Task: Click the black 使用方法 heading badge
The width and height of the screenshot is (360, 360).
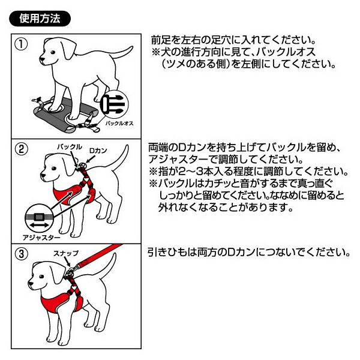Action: (40, 19)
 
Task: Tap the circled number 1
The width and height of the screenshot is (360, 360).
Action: (21, 44)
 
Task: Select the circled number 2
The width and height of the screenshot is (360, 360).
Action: (21, 149)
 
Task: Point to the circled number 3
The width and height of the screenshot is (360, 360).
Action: (21, 254)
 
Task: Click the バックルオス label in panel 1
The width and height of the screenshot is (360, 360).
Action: (119, 123)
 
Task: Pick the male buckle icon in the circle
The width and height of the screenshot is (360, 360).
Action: (114, 104)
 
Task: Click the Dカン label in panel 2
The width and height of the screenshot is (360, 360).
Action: (98, 151)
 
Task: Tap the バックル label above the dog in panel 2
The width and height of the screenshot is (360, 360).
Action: (70, 147)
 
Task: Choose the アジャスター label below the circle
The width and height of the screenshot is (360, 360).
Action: (41, 238)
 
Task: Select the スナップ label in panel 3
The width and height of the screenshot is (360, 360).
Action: (66, 253)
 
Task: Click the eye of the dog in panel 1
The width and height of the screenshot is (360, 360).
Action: (53, 52)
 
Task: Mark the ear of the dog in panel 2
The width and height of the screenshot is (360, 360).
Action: (68, 164)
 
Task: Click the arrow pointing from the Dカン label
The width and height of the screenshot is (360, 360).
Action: (89, 159)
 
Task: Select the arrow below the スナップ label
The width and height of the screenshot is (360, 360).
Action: (67, 262)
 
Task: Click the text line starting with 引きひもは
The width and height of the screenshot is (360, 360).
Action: (248, 252)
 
